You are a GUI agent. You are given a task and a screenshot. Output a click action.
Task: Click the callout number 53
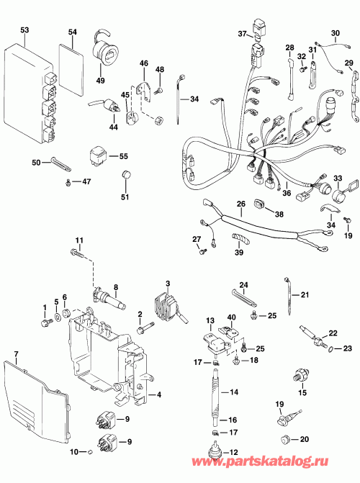25,30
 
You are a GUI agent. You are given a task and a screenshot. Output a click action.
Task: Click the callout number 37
242,34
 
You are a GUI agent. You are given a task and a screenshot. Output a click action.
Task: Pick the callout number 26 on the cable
241,203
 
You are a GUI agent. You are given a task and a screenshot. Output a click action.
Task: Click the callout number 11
79,240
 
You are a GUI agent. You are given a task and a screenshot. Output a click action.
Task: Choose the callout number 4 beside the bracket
159,394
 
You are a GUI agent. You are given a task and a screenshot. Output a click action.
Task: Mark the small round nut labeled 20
286,438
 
